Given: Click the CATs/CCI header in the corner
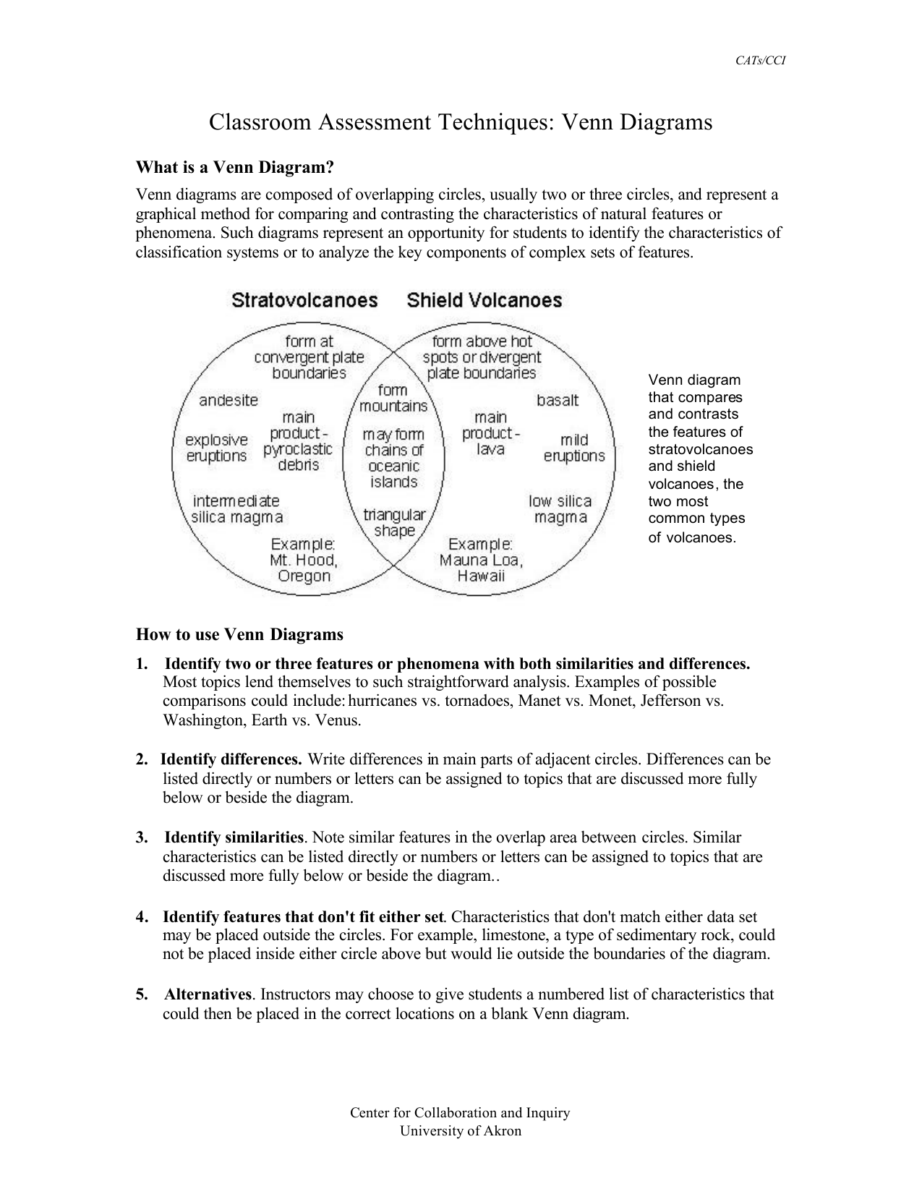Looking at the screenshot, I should [760, 61].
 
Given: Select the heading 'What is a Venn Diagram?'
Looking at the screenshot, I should [235, 168].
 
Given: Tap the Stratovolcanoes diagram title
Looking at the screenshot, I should [304, 300].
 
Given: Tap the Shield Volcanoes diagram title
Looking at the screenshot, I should [484, 300].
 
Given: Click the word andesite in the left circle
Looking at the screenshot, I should [229, 400].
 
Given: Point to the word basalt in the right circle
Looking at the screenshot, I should [558, 400].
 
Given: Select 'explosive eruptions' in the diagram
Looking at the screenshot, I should [216, 448].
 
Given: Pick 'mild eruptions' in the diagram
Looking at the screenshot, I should [574, 448].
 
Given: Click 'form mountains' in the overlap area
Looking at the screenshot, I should [393, 398].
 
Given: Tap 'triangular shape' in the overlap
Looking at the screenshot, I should [394, 522].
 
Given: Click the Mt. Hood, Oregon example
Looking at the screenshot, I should [303, 560].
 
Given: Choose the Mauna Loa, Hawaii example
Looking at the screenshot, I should [481, 560].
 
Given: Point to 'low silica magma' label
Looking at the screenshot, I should [560, 509].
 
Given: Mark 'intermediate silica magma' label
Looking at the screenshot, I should [236, 509].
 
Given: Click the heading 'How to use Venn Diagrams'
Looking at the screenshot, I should [239, 635].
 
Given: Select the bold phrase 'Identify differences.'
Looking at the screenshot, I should [231, 759].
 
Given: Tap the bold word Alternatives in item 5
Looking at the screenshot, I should [208, 994].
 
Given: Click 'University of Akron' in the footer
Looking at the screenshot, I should [461, 1131].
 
